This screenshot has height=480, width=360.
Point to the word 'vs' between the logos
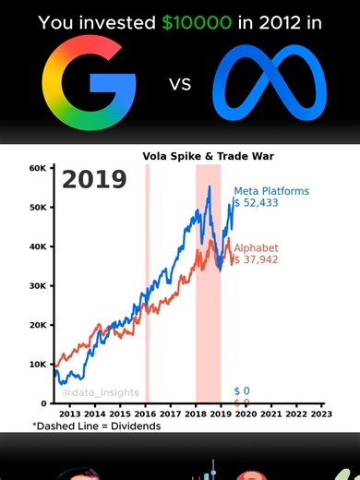tap(179, 87)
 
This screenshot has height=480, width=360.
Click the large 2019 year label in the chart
tap(94, 179)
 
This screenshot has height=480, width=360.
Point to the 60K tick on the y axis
tap(38, 168)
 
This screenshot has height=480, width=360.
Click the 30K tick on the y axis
tap(38, 286)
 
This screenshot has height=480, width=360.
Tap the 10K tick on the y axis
tap(38, 365)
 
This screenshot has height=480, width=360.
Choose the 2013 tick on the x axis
tap(71, 414)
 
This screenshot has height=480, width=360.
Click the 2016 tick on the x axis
tap(146, 414)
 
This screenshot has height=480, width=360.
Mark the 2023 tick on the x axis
tap(321, 414)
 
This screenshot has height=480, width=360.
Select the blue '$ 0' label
tap(242, 391)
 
